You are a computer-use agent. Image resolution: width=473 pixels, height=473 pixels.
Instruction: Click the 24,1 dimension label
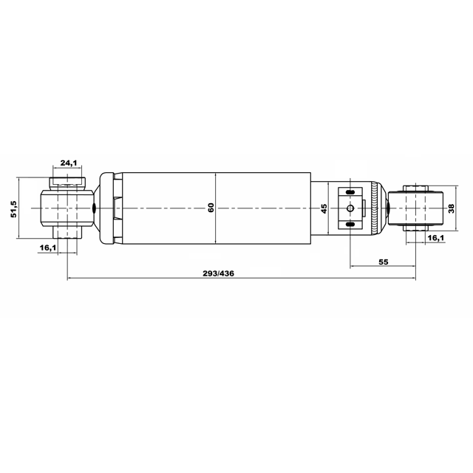[69, 163]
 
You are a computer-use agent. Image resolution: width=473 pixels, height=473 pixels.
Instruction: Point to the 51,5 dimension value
[15, 209]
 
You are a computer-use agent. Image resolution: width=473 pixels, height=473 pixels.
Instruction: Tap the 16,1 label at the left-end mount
[47, 248]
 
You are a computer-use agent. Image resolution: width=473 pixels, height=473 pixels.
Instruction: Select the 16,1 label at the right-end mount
[436, 238]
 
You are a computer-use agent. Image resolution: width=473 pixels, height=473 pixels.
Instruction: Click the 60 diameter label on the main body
[211, 208]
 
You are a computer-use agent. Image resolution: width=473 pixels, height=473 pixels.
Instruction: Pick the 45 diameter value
[324, 208]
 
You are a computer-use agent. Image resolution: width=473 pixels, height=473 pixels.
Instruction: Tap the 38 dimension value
[451, 208]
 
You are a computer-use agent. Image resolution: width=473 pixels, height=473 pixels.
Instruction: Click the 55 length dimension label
[383, 262]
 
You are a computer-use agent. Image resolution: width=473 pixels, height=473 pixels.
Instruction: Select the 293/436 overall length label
[218, 273]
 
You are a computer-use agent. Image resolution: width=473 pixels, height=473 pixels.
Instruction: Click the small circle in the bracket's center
[350, 208]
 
